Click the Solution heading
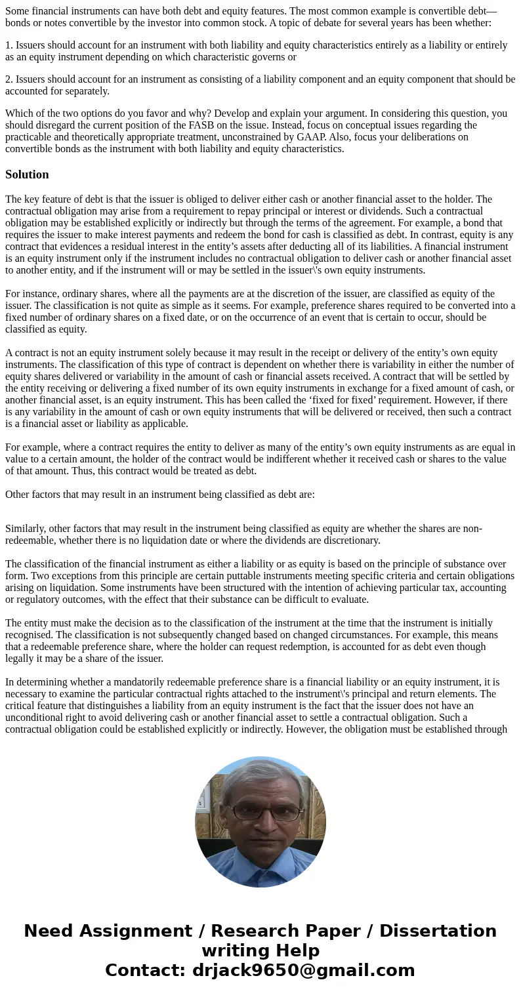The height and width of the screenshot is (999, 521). pos(27,174)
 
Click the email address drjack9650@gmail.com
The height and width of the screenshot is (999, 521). pos(303,970)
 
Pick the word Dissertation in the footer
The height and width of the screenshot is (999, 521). pos(438,931)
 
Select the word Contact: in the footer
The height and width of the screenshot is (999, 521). pos(145,970)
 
